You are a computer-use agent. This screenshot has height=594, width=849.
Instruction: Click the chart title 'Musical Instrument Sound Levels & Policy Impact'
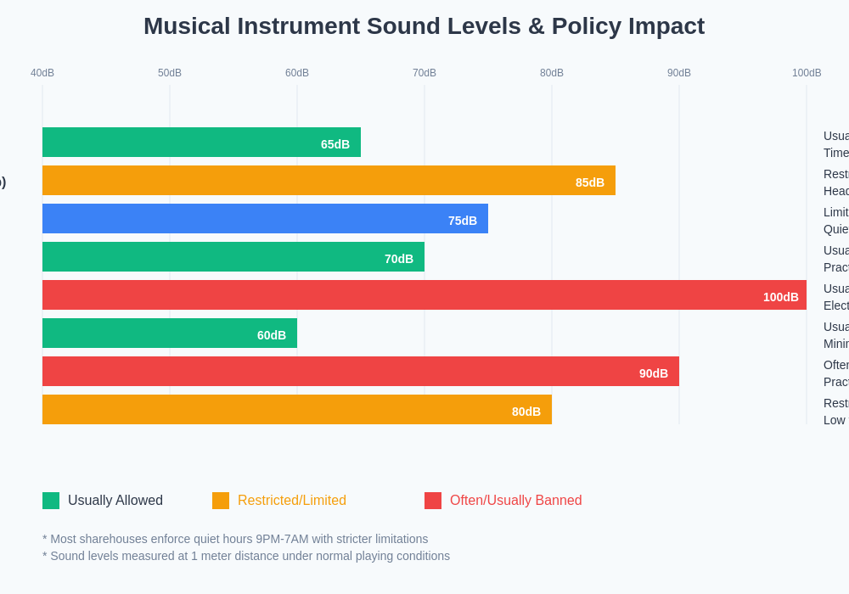point(424,26)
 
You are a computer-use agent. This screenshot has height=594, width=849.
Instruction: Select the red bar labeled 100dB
point(424,295)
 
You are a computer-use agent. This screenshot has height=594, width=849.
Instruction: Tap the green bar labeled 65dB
point(201,143)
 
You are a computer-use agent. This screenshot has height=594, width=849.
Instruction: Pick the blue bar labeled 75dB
point(265,219)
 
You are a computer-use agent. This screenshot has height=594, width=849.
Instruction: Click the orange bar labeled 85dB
point(329,181)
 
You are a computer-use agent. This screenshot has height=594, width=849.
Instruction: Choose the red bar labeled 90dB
point(361,372)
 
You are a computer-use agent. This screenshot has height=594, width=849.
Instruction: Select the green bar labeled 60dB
point(170,333)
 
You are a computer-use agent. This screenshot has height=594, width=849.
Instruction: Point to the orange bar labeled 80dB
point(297,410)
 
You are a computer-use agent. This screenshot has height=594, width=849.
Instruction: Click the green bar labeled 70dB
point(233,257)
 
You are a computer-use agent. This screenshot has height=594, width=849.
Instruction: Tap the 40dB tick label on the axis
point(42,73)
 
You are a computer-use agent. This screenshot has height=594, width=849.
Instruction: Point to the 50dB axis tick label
point(170,73)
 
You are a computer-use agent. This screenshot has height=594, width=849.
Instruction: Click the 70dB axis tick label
point(424,73)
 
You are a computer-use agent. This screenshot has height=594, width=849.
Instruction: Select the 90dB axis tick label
point(679,73)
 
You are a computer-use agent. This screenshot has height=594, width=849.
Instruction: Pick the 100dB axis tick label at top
point(807,73)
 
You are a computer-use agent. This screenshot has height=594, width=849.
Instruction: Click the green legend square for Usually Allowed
point(51,501)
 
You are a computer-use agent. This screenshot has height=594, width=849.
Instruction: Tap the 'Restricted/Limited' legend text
point(292,501)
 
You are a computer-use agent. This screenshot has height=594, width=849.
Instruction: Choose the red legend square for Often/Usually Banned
point(433,501)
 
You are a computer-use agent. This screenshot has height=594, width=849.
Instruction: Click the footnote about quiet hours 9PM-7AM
point(235,539)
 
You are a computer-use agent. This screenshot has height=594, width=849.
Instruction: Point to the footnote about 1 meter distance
point(246,556)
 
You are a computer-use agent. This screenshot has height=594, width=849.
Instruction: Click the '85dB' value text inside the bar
point(590,182)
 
